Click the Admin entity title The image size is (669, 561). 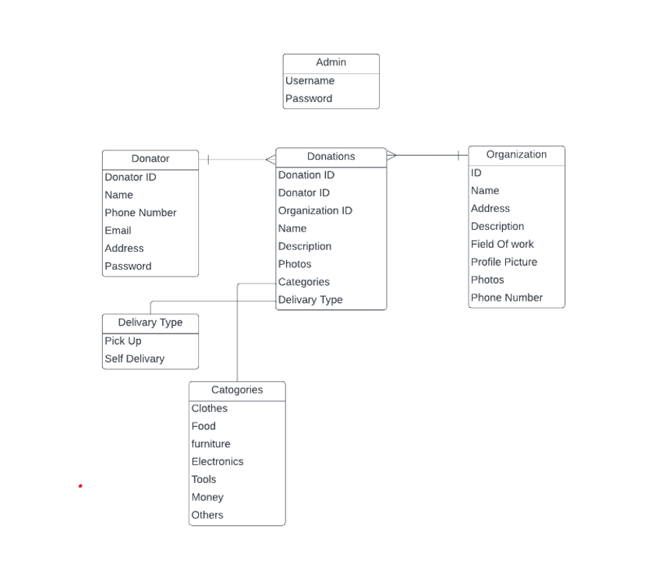point(331,62)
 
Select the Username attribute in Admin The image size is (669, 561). point(310,81)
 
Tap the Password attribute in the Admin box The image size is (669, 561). point(309,99)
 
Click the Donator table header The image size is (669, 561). point(150,159)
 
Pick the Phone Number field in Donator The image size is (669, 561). point(140,213)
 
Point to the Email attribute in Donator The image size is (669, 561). point(118,231)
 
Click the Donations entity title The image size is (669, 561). point(331,157)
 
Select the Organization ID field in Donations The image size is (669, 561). point(315,211)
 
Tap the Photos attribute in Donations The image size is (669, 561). point(295,264)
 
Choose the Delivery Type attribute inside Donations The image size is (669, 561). point(310,300)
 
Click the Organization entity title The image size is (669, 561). point(516,155)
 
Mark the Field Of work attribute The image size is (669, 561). point(502,245)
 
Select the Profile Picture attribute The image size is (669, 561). point(504,263)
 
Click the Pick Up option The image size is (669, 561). point(123,341)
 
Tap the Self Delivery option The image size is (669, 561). point(134,359)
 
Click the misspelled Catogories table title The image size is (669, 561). point(237,390)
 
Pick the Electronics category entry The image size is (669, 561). point(218,462)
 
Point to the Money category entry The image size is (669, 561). point(207,498)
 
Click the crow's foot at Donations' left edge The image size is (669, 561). point(271,160)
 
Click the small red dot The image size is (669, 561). point(80,486)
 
